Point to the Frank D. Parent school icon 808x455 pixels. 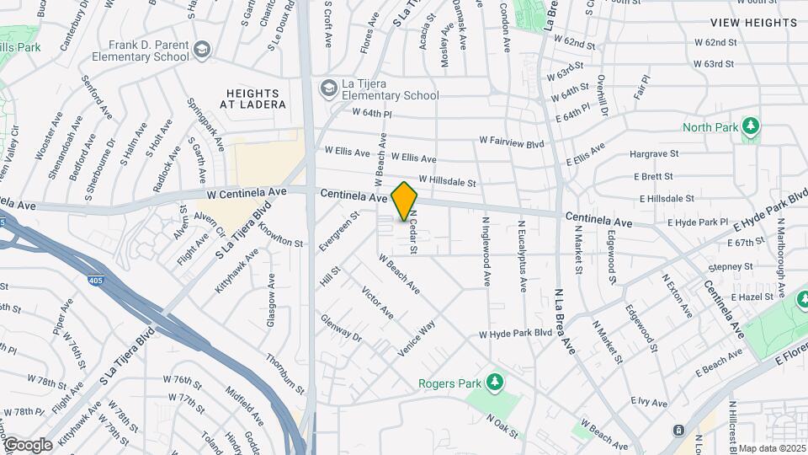click(201, 50)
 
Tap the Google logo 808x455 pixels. click(27, 444)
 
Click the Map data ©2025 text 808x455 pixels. click(772, 448)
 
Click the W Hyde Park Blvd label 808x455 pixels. click(515, 334)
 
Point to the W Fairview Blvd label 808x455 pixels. click(511, 143)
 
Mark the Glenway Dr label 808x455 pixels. click(340, 329)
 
